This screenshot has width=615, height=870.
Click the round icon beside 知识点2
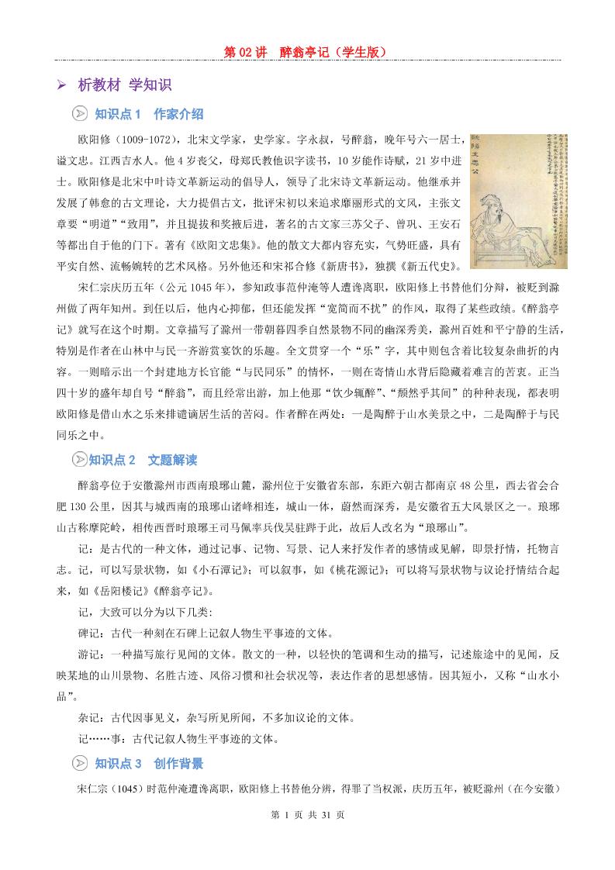79,461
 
